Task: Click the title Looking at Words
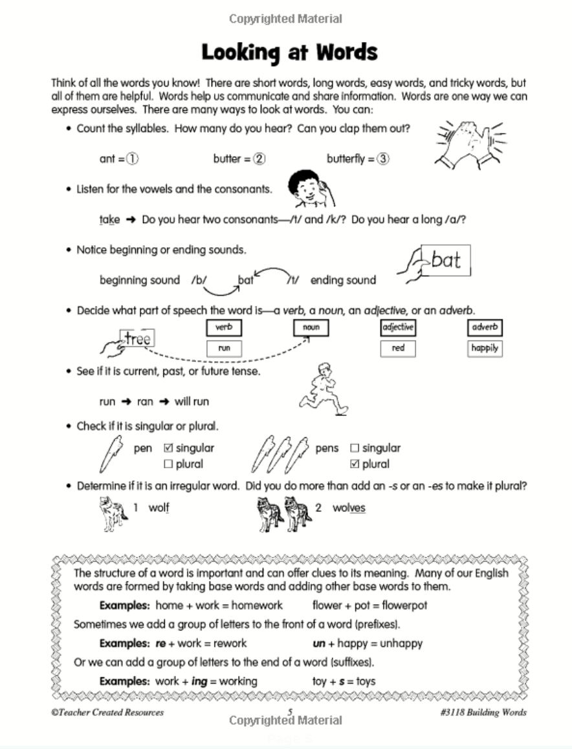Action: [x=289, y=52]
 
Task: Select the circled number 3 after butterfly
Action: [x=383, y=159]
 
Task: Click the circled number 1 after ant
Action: [x=133, y=159]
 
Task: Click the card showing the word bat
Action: [x=445, y=261]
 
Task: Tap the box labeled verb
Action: [x=224, y=328]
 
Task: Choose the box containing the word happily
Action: [x=485, y=348]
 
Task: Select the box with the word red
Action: [x=398, y=348]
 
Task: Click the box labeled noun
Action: [x=311, y=328]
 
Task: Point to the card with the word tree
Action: [x=137, y=339]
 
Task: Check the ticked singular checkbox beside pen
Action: [x=168, y=448]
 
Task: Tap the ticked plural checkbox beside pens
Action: [x=355, y=464]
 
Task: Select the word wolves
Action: [x=349, y=508]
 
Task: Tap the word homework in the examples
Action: [x=257, y=605]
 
